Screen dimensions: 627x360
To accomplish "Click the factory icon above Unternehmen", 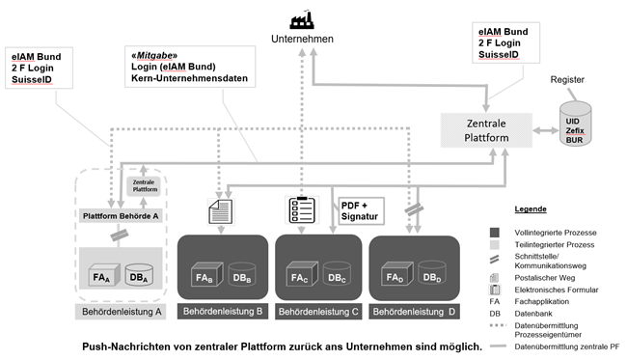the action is pyautogui.click(x=302, y=20).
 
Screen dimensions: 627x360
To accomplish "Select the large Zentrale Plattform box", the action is pyautogui.click(x=486, y=130).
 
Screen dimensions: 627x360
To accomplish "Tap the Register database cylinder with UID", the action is pyautogui.click(x=575, y=124).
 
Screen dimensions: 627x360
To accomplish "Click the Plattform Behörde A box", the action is pyautogui.click(x=121, y=216).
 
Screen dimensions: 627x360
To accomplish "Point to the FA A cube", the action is pyautogui.click(x=104, y=275).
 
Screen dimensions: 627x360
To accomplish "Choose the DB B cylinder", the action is pyautogui.click(x=241, y=274).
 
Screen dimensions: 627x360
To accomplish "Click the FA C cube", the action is pyautogui.click(x=302, y=273).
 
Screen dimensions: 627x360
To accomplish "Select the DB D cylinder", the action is pyautogui.click(x=432, y=273).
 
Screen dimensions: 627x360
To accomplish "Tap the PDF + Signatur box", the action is pyautogui.click(x=361, y=210).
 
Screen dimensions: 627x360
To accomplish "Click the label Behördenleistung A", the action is pyautogui.click(x=122, y=312).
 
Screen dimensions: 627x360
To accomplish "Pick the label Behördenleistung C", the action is pyautogui.click(x=318, y=312).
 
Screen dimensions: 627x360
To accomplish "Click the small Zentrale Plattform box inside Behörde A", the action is pyautogui.click(x=144, y=186).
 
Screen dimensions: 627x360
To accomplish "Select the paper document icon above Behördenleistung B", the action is pyautogui.click(x=220, y=211).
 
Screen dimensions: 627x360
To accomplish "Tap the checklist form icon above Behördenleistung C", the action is pyautogui.click(x=302, y=209).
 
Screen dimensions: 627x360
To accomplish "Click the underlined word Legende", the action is pyautogui.click(x=531, y=208).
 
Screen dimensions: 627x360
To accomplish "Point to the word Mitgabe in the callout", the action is pyautogui.click(x=156, y=55).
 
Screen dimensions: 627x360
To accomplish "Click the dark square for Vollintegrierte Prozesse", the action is pyautogui.click(x=495, y=233).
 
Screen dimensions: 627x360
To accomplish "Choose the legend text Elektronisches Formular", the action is pyautogui.click(x=557, y=290).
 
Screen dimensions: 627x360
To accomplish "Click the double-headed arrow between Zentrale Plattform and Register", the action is pyautogui.click(x=546, y=130).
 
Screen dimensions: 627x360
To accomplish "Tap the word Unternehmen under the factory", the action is pyautogui.click(x=302, y=39).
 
